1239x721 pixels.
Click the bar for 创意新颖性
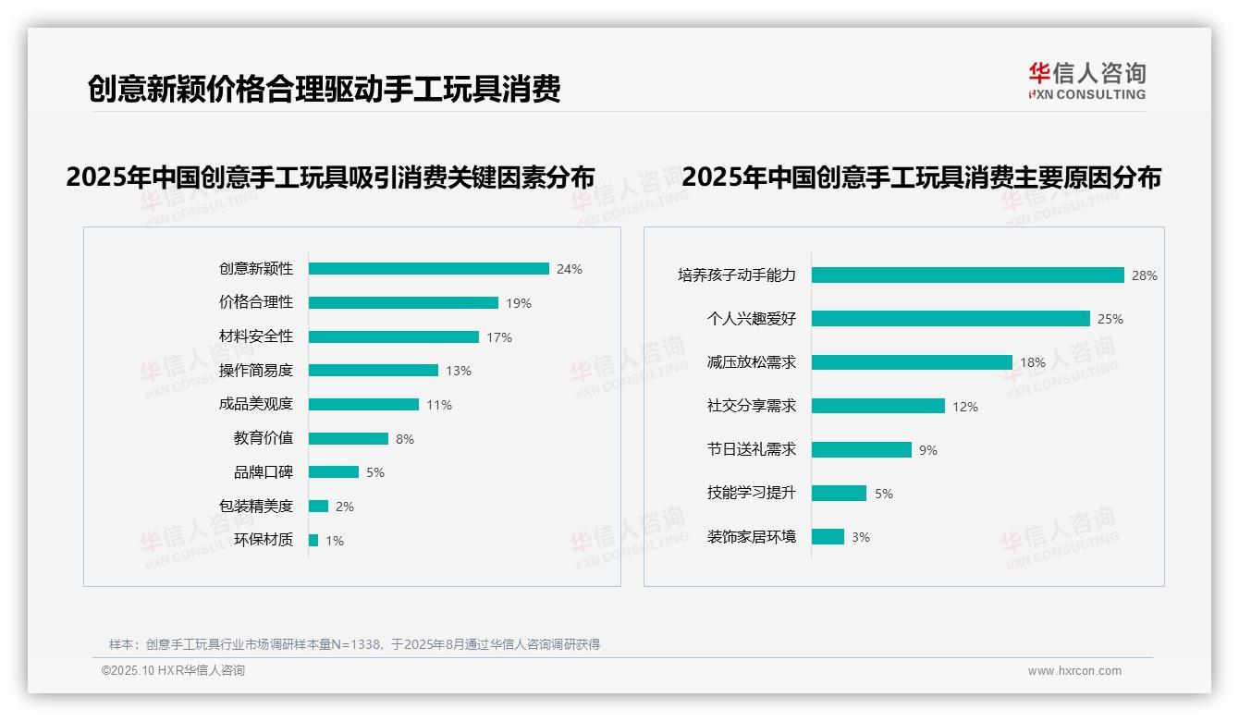pos(428,269)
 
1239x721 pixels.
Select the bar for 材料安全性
pos(393,336)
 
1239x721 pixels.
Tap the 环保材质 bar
pos(313,540)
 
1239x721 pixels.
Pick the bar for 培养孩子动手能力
pos(967,275)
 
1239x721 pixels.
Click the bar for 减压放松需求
pos(912,362)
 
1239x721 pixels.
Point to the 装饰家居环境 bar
pos(828,536)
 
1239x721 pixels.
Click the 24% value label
pos(570,270)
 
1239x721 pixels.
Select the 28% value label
pos(1145,275)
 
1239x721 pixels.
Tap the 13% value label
pos(459,371)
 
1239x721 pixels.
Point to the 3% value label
pos(861,537)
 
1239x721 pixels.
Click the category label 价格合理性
pos(256,302)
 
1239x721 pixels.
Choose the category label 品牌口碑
pos(264,471)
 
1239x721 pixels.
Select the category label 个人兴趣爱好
pos(752,319)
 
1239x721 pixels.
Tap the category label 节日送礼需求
pos(752,449)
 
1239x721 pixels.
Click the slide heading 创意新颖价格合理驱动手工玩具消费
pos(324,89)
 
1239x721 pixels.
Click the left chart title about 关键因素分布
pos(330,177)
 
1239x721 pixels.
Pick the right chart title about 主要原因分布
pos(921,177)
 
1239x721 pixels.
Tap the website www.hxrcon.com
pos(1074,671)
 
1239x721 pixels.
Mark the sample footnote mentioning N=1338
pos(354,644)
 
